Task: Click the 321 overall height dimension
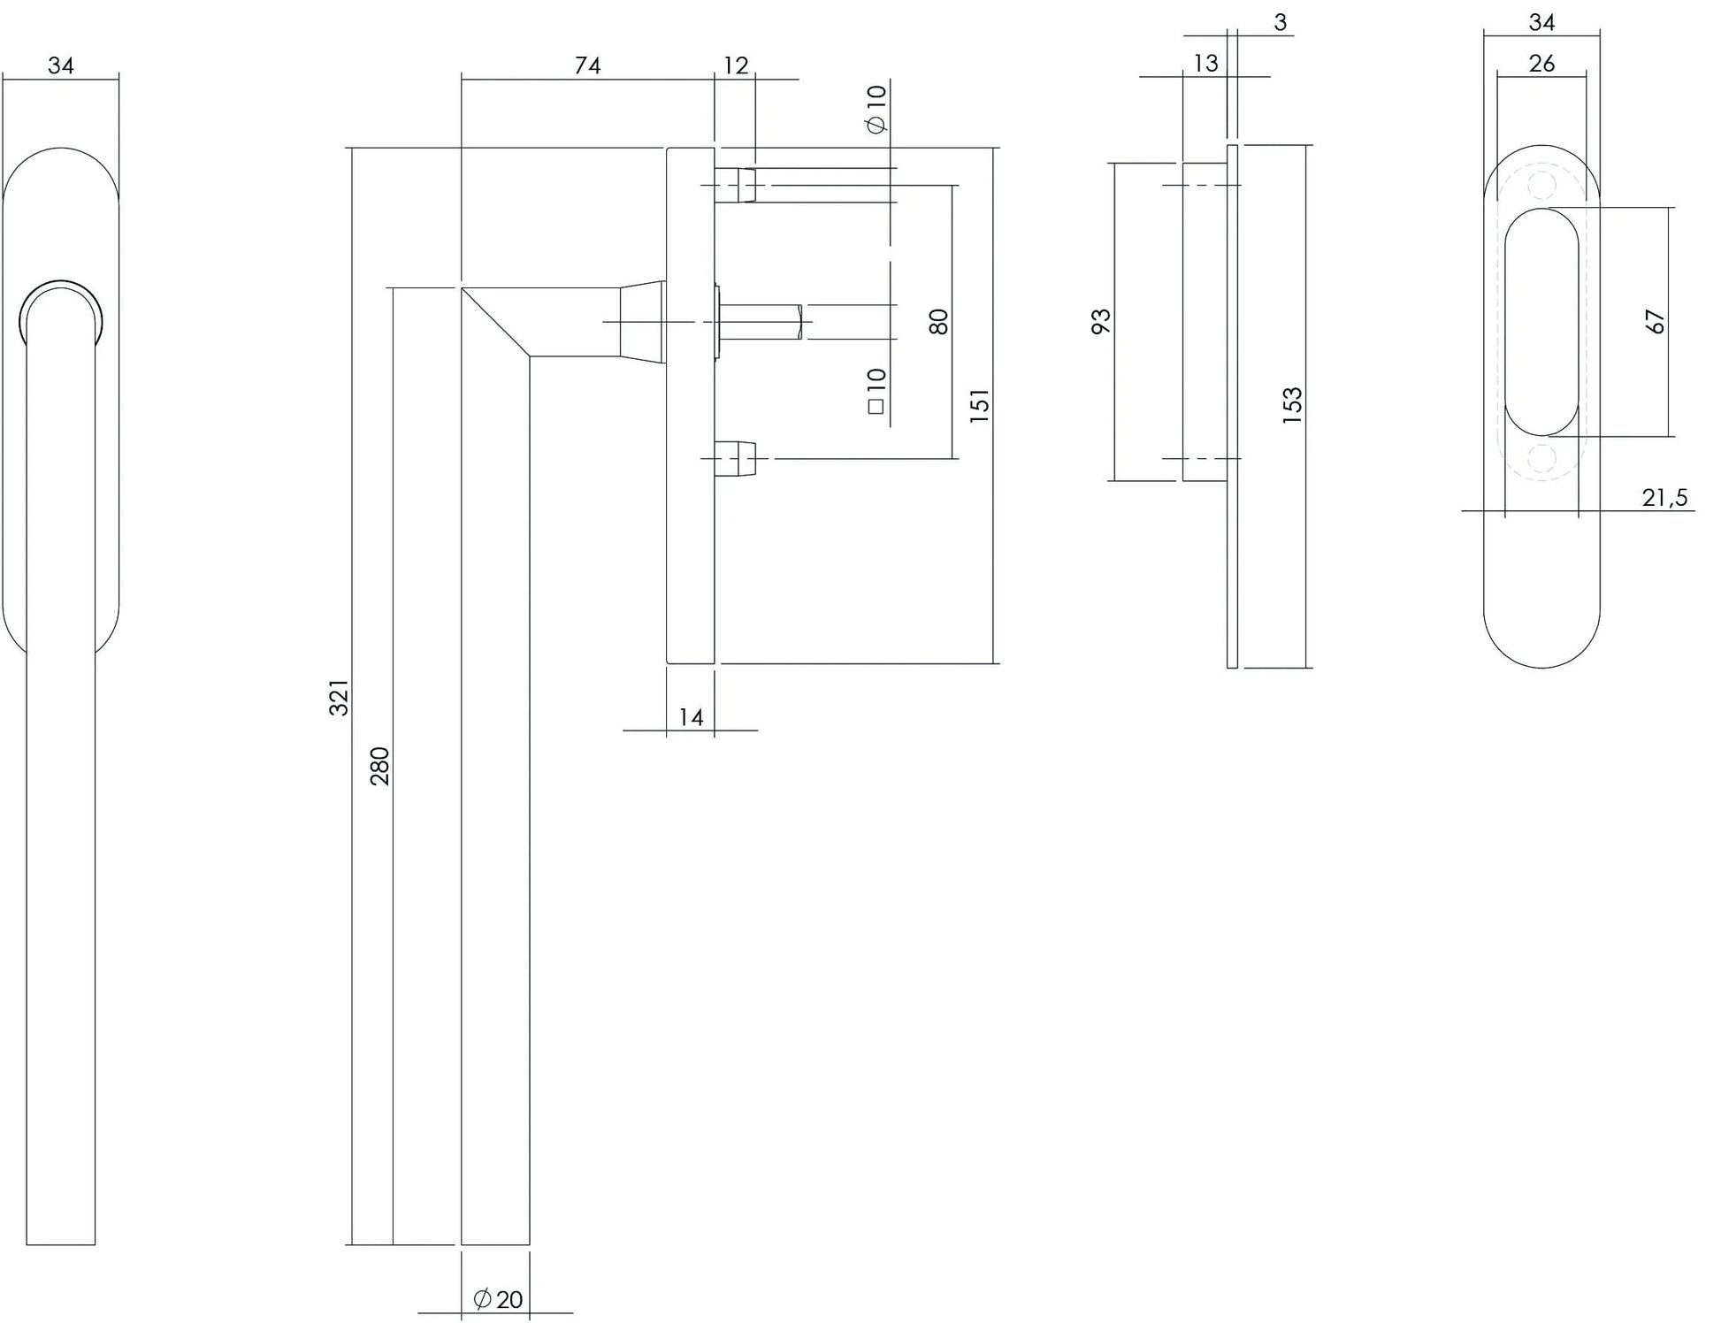[340, 697]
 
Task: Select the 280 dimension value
[379, 766]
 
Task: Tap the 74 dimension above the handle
[587, 65]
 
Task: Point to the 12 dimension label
[735, 65]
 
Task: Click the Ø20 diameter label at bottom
[499, 1299]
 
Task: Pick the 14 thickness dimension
[691, 717]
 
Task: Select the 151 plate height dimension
[980, 405]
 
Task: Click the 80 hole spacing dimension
[939, 321]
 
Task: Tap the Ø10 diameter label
[876, 109]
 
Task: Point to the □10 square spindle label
[876, 392]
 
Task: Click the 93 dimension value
[1101, 321]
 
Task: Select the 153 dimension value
[1292, 405]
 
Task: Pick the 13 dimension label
[1205, 64]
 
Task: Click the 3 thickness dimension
[1280, 23]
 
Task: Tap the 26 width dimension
[1541, 64]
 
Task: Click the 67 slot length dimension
[1656, 321]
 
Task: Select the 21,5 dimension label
[1664, 498]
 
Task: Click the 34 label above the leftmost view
[60, 65]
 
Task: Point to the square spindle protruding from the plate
[762, 322]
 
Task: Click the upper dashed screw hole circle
[1541, 185]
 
